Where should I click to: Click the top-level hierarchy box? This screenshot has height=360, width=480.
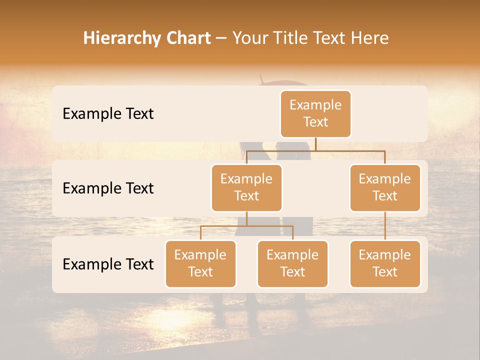315,113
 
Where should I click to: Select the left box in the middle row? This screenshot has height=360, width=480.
246,187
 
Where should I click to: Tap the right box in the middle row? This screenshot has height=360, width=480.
385,187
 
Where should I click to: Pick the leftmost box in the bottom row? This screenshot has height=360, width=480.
200,263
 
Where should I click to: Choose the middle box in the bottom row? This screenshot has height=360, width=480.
292,263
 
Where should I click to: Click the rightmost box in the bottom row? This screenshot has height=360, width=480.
385,263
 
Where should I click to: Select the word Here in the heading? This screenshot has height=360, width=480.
368,38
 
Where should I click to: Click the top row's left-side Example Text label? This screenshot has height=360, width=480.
108,114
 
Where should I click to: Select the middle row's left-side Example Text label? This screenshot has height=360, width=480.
108,188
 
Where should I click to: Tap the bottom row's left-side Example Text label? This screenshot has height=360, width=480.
108,264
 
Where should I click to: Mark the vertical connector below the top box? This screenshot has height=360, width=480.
315,144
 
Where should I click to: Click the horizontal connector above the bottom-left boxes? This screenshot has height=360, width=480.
246,226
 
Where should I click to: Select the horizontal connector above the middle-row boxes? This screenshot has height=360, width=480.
315,150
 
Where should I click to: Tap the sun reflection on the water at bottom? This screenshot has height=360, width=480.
165,320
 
